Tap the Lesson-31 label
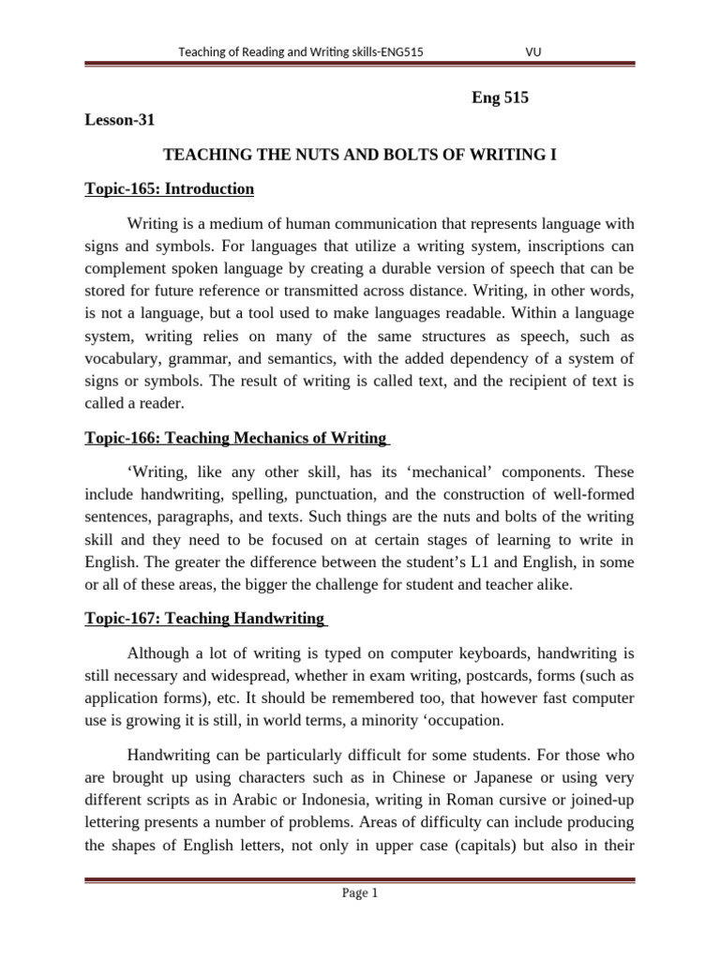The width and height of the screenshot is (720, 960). (x=117, y=120)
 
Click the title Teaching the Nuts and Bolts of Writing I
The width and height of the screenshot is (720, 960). (x=360, y=154)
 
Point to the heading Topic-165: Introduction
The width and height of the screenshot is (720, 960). (x=169, y=188)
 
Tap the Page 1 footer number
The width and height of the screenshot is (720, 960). (x=360, y=893)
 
